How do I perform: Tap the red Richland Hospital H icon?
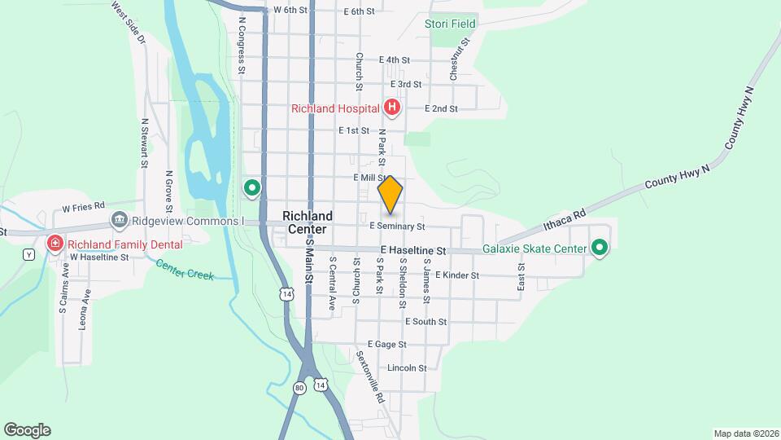[x=392, y=108]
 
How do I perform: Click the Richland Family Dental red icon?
[x=55, y=243]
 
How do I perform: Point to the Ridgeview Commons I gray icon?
[x=120, y=220]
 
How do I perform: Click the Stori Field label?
[x=450, y=24]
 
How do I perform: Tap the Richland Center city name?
[x=308, y=222]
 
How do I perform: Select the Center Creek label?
[x=185, y=270]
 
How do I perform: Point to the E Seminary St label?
[x=397, y=226]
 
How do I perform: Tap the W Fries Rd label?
[x=84, y=206]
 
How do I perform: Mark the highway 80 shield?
[x=299, y=387]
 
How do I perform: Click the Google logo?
[x=27, y=429]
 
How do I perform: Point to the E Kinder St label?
[x=457, y=275]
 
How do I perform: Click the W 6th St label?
[x=290, y=10]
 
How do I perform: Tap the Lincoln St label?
[x=407, y=368]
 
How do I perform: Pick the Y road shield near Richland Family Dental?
[x=29, y=254]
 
